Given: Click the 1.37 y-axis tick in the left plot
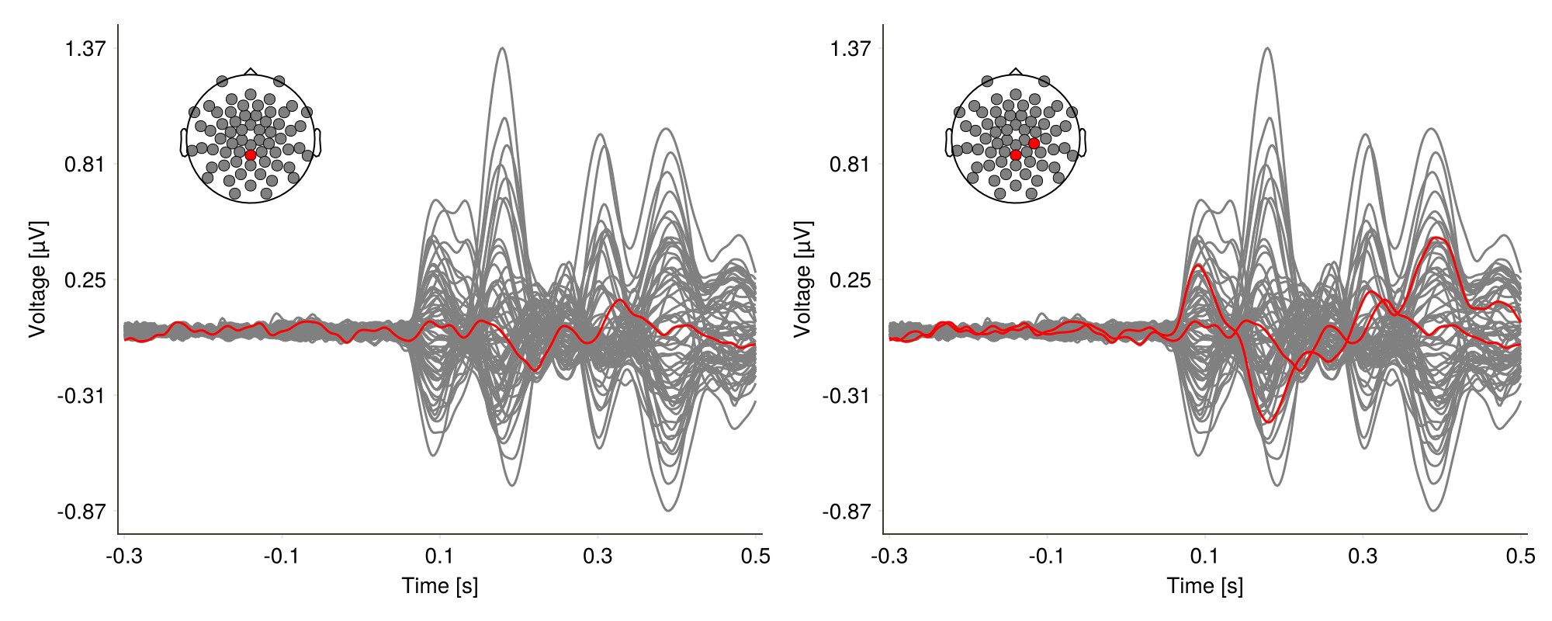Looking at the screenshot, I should coord(85,49).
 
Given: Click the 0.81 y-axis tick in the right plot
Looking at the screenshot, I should coord(850,165).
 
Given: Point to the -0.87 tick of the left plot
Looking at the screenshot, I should coord(81,512).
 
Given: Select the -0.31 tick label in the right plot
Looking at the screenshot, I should coord(847,396).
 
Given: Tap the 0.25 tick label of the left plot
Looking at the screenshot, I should coord(85,280).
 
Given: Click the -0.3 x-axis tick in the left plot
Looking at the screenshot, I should coord(123,556).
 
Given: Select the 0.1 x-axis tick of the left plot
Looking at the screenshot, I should coord(440,556).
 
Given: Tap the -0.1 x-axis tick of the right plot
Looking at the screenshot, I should coord(1047,556).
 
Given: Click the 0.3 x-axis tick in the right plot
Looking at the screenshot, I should coord(1363,556).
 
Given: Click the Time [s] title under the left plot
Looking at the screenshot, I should coord(440,585).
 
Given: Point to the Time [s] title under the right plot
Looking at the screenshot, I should coord(1205,585).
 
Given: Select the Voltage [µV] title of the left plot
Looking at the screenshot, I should coord(37,279).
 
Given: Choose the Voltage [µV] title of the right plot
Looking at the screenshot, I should coord(802,279).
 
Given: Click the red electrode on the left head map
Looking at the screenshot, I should coord(251,155).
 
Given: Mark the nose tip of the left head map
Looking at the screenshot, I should coord(251,69).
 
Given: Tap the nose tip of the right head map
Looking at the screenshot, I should coord(1016,69).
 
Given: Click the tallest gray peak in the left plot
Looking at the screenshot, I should coord(503,48).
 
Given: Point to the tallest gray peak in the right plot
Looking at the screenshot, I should coord(1268,48).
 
